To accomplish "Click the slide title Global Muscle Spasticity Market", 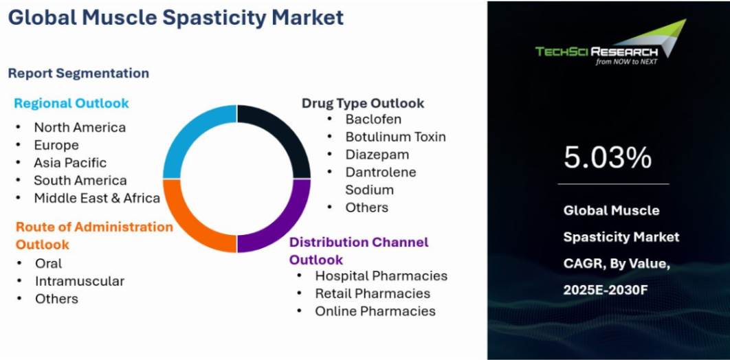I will pyautogui.click(x=176, y=17).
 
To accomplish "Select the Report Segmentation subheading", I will pyautogui.click(x=78, y=73).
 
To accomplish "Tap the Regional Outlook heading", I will pyautogui.click(x=71, y=103).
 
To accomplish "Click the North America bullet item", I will pyautogui.click(x=80, y=127).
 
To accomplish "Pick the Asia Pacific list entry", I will pyautogui.click(x=70, y=163).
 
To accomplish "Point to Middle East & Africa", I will pyautogui.click(x=97, y=199).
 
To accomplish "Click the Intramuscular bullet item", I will pyautogui.click(x=80, y=281).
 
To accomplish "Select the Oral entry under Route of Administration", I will pyautogui.click(x=48, y=263).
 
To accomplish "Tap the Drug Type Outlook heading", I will pyautogui.click(x=363, y=103).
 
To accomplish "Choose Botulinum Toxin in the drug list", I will pyautogui.click(x=395, y=137).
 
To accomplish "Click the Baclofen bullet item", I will pyautogui.click(x=373, y=119).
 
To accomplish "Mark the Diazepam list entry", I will pyautogui.click(x=377, y=155).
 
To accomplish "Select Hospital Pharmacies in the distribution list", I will pyautogui.click(x=381, y=275).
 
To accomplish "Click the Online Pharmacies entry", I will pyautogui.click(x=375, y=311).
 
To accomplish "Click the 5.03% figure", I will pyautogui.click(x=608, y=157).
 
